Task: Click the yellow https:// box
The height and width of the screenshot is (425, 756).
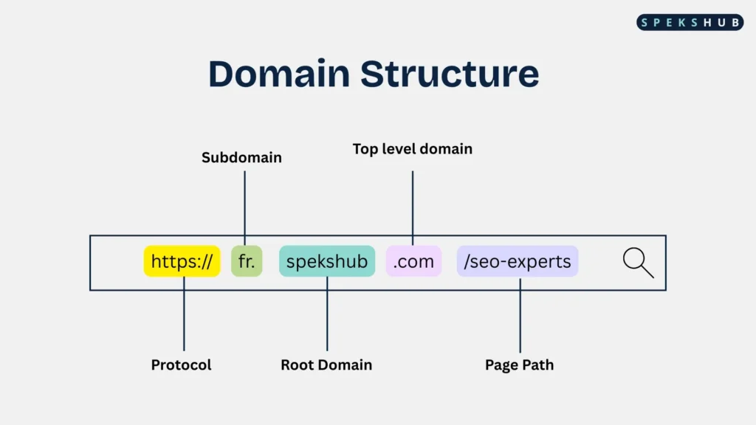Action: pyautogui.click(x=182, y=261)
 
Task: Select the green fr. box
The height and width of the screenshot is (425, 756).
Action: pyautogui.click(x=247, y=261)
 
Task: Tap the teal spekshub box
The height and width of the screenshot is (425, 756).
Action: pyautogui.click(x=327, y=261)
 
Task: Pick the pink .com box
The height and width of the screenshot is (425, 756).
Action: pyautogui.click(x=413, y=261)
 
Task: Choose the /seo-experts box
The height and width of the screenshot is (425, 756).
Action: pyautogui.click(x=518, y=261)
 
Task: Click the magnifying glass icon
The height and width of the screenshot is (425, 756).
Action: pyautogui.click(x=638, y=263)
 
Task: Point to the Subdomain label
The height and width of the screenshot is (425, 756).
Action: pyautogui.click(x=241, y=158)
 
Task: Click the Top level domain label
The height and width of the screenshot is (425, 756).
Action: pyautogui.click(x=412, y=149)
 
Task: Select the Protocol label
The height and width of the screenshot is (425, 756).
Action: pyautogui.click(x=182, y=364)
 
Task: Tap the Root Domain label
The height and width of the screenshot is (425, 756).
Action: pyautogui.click(x=326, y=364)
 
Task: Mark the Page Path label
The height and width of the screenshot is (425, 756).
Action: pyautogui.click(x=519, y=364)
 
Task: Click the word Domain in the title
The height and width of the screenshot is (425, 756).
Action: pyautogui.click(x=279, y=74)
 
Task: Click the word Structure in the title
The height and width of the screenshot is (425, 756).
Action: pyautogui.click(x=450, y=74)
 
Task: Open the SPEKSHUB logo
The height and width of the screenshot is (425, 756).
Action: pyautogui.click(x=690, y=22)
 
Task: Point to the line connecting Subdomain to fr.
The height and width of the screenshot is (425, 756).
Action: pyautogui.click(x=244, y=208)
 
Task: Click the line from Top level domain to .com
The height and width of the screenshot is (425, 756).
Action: pyautogui.click(x=413, y=208)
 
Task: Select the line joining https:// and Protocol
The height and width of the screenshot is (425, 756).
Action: pyautogui.click(x=184, y=314)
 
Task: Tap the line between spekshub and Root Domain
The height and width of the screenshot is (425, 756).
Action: pyautogui.click(x=327, y=314)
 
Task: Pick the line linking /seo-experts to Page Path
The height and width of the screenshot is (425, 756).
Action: pyautogui.click(x=520, y=315)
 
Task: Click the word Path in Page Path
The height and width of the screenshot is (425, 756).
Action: pyautogui.click(x=537, y=364)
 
